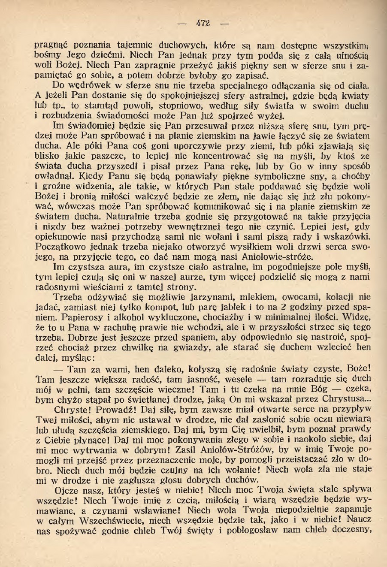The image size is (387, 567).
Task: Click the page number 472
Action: [x=203, y=23]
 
